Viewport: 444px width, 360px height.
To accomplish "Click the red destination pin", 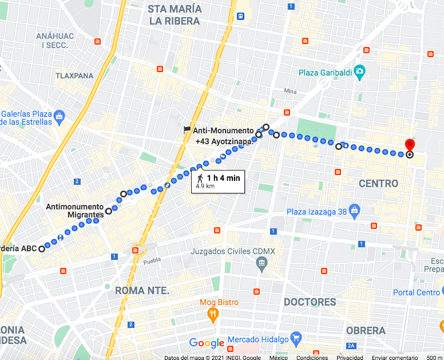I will point(410,145).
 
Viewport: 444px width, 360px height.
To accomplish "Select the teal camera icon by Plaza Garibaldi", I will point(359,72).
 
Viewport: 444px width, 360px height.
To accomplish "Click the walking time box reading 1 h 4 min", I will point(218,181).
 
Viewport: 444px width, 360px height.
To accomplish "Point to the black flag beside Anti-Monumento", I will point(187,130).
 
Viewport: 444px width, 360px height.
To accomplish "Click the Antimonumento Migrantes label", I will point(75,211).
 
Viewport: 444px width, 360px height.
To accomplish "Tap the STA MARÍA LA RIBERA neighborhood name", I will point(174,15).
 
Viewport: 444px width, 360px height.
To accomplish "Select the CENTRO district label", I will point(378,184).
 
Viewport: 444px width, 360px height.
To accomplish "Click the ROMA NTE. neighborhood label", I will point(142,291).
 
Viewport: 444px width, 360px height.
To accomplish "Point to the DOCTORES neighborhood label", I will point(310,302).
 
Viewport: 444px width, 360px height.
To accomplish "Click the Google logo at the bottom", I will point(207,343).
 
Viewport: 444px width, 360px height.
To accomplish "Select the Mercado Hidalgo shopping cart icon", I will point(295,338).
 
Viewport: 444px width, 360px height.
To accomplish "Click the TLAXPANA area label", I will point(74,76).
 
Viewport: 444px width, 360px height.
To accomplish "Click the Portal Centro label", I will point(416,292).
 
